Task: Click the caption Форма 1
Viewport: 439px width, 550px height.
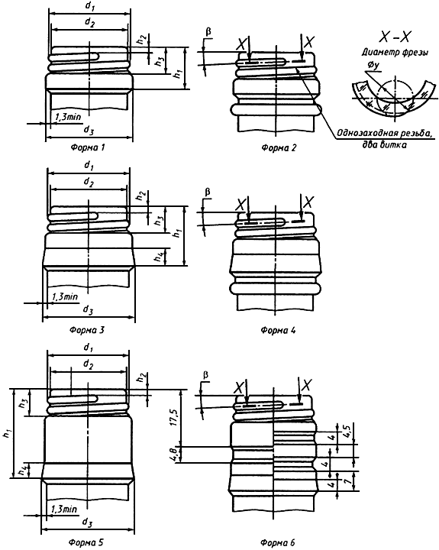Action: click(x=88, y=147)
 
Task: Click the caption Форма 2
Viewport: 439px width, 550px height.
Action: click(x=279, y=147)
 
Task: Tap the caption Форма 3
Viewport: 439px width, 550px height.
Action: click(x=87, y=330)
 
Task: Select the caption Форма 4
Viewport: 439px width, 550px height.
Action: click(x=278, y=330)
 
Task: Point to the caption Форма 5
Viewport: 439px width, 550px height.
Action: click(x=86, y=542)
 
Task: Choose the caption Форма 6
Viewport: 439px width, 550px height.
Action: click(x=278, y=542)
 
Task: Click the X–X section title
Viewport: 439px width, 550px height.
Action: click(x=395, y=37)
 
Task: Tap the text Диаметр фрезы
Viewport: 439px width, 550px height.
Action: click(x=395, y=53)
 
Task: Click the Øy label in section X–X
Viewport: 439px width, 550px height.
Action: click(x=373, y=66)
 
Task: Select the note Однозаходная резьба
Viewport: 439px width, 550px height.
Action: click(x=384, y=133)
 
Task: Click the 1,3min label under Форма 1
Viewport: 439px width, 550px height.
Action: click(x=67, y=117)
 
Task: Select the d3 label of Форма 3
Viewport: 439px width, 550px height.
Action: click(x=88, y=309)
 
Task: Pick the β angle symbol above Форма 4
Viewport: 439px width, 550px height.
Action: click(x=208, y=192)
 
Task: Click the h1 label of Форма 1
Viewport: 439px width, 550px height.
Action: click(x=178, y=73)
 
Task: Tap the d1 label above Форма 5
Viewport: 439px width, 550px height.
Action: click(x=88, y=348)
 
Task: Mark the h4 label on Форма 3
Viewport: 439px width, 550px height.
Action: click(x=160, y=257)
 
